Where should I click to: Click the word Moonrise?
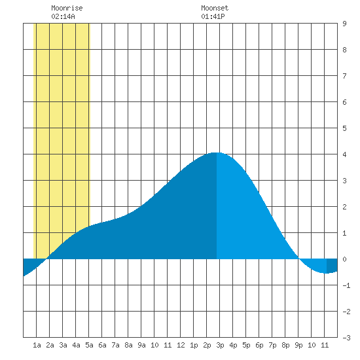[x=67, y=8]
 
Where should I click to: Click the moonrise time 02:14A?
[x=63, y=16]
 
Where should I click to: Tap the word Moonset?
[x=215, y=8]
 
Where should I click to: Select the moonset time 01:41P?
[x=213, y=16]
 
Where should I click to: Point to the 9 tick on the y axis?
[x=344, y=24]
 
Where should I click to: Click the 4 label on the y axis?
[x=344, y=154]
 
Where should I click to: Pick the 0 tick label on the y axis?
[x=344, y=259]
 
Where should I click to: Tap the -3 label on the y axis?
[x=346, y=338]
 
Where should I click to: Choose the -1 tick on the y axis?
[x=346, y=285]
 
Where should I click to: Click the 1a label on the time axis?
[x=37, y=345]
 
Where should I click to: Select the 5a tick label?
[x=89, y=345]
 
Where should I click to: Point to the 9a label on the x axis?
[x=141, y=345]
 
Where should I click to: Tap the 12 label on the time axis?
[x=181, y=345]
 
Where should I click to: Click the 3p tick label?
[x=220, y=345]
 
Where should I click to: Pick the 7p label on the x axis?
[x=272, y=345]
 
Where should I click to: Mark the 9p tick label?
[x=298, y=345]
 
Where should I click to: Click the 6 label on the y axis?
[x=344, y=102]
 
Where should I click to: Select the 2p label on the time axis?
[x=207, y=345]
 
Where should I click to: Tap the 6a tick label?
[x=102, y=345]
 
